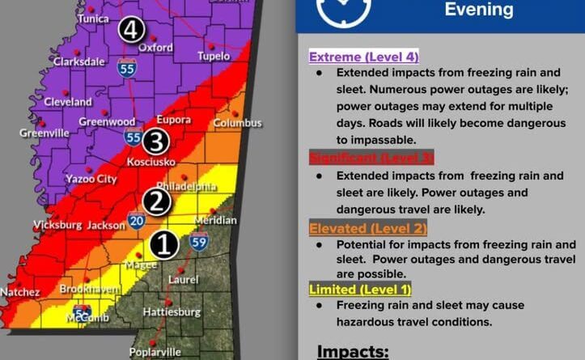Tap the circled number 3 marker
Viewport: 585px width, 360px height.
point(156,142)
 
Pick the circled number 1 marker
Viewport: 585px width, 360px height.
point(165,244)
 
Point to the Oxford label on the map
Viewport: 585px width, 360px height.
point(155,48)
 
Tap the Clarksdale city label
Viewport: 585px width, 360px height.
point(79,61)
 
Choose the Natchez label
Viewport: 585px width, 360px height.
point(19,291)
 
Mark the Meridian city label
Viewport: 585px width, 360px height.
point(215,220)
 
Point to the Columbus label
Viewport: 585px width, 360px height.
point(237,123)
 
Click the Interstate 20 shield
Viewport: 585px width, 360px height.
point(136,219)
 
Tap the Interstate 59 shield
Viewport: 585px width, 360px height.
point(198,240)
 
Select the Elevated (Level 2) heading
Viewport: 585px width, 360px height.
point(368,229)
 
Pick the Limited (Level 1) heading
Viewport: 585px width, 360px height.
point(360,289)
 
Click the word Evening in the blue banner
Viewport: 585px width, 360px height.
point(478,10)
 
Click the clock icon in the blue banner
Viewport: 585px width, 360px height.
point(343,10)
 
